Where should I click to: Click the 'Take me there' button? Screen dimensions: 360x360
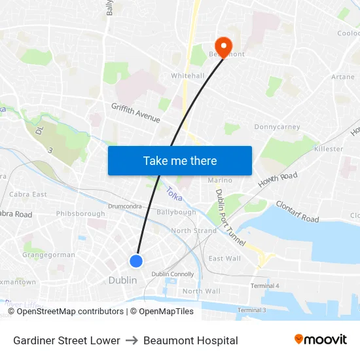pos(180,160)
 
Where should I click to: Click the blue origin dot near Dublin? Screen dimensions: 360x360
pos(136,261)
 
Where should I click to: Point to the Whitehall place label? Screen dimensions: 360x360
pos(187,76)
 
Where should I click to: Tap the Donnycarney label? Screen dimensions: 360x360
pos(277,127)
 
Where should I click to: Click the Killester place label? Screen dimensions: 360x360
pos(328,149)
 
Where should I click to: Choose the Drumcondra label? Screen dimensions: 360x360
pos(125,206)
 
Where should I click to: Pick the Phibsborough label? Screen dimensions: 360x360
pos(81,213)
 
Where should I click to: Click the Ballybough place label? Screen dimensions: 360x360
pos(176,212)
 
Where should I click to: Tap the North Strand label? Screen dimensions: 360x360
pos(194,231)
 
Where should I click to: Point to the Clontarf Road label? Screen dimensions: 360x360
pos(297,211)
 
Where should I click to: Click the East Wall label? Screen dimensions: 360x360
pos(225,259)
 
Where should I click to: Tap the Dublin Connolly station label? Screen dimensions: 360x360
pos(173,274)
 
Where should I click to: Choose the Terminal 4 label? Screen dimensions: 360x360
pos(264,286)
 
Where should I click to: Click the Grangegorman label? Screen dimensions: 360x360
pos(48,255)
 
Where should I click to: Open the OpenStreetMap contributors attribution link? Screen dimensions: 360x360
pos(70,312)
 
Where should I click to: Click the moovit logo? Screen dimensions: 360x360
pos(321,340)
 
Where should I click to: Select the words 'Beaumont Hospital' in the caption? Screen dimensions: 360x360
pos(190,340)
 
